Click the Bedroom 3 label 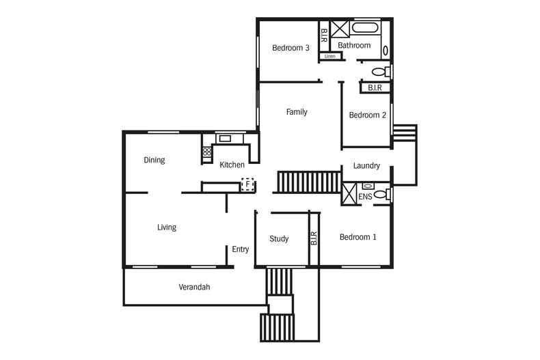pyautogui.click(x=291, y=48)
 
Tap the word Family pyautogui.click(x=297, y=112)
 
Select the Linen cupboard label pyautogui.click(x=330, y=56)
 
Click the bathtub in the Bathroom pyautogui.click(x=365, y=28)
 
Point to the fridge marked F pyautogui.click(x=247, y=185)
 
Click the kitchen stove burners pyautogui.click(x=207, y=152)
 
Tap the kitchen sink pyautogui.click(x=226, y=139)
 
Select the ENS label pyautogui.click(x=365, y=197)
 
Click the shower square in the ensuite pyautogui.click(x=349, y=194)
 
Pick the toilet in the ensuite pyautogui.click(x=382, y=194)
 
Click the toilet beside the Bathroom pyautogui.click(x=381, y=72)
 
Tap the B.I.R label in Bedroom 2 pyautogui.click(x=375, y=87)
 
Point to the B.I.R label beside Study pyautogui.click(x=314, y=238)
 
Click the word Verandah pyautogui.click(x=194, y=287)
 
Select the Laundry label pyautogui.click(x=366, y=166)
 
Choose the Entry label pyautogui.click(x=241, y=249)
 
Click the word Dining pyautogui.click(x=154, y=160)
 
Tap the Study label pyautogui.click(x=279, y=239)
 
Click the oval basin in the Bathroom pyautogui.click(x=386, y=51)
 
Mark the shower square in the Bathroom pyautogui.click(x=340, y=29)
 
